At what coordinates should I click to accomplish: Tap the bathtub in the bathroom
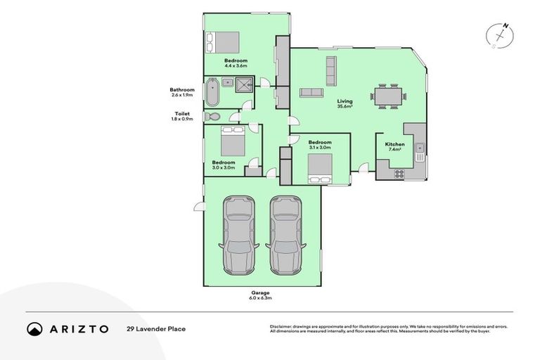tap(212, 91)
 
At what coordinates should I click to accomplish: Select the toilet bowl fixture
tap(212, 116)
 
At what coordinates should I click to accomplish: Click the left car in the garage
tap(237, 234)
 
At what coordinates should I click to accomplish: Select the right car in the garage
tap(285, 234)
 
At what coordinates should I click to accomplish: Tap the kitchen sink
tap(419, 148)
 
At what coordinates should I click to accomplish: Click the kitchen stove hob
tap(399, 173)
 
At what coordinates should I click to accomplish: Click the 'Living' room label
tap(345, 101)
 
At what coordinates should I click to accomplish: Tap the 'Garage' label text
tap(261, 292)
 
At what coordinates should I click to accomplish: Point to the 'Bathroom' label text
tap(181, 89)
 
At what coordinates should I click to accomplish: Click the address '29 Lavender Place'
tap(156, 328)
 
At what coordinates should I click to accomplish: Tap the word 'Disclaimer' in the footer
tap(283, 326)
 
